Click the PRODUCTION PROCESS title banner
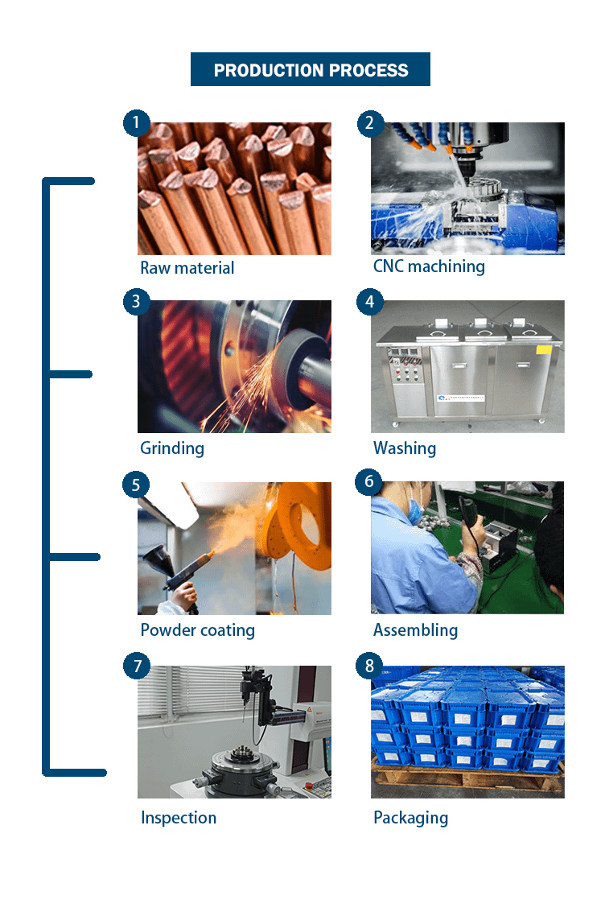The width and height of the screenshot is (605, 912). pos(311,69)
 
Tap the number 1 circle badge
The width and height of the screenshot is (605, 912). pos(137,122)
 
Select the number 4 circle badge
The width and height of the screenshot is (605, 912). pos(369,301)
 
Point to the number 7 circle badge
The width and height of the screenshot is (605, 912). pos(137,666)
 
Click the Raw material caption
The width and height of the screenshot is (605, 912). pos(187,267)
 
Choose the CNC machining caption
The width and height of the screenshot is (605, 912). pos(429,266)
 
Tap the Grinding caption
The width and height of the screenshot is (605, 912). pos(172,448)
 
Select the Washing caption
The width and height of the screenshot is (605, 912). pos(405,448)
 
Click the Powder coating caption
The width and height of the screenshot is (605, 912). pos(198,630)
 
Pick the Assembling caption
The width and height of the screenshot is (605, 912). pos(416,630)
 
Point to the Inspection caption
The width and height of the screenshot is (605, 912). pos(179,817)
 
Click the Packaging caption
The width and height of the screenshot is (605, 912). pos(411,817)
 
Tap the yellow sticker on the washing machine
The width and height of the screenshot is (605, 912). pos(544,349)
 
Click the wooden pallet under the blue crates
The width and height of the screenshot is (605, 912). pos(467,778)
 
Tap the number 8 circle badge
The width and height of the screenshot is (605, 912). pos(369,666)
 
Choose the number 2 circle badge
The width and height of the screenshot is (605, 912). pos(369,122)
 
